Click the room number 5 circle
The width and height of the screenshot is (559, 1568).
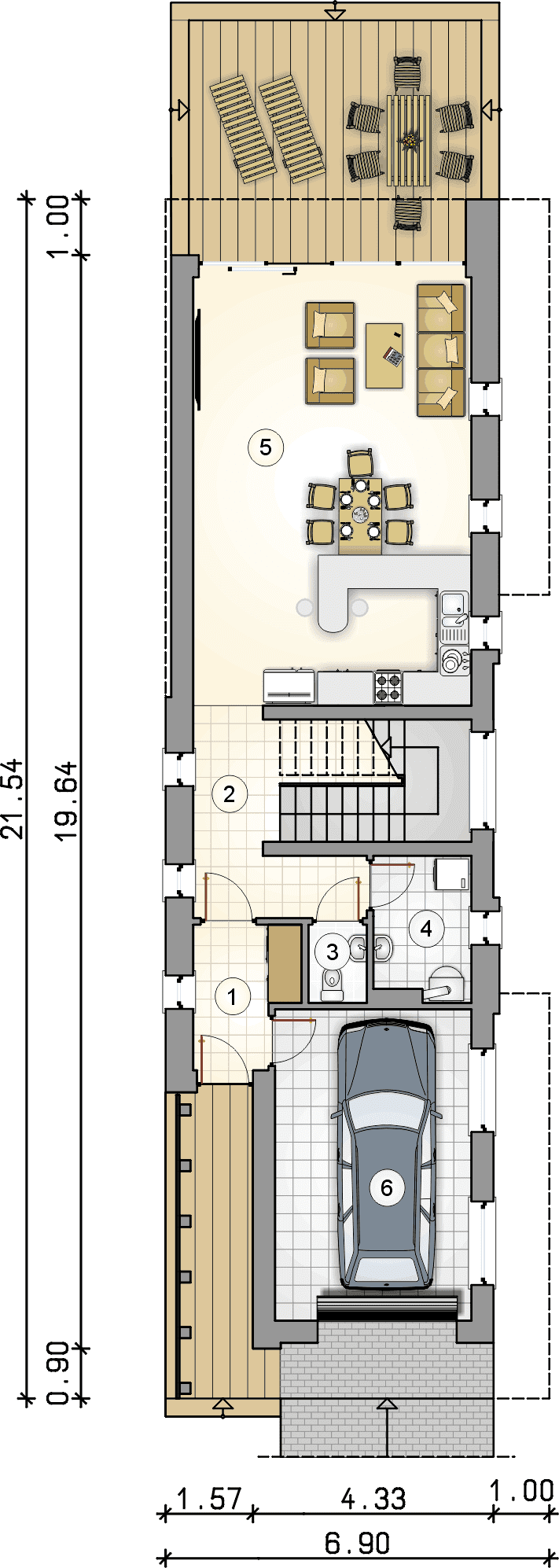click(x=265, y=447)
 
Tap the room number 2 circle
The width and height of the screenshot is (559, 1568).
click(x=229, y=793)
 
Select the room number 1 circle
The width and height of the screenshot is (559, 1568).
click(x=232, y=997)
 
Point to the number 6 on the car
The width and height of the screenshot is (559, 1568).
click(x=386, y=1187)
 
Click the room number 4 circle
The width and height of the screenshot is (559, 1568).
click(x=426, y=929)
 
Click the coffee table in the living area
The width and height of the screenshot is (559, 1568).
click(x=385, y=355)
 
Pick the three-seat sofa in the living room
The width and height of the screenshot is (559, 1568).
click(x=441, y=350)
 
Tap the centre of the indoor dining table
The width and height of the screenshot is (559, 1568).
click(x=360, y=515)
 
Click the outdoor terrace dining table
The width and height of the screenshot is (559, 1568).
click(x=409, y=140)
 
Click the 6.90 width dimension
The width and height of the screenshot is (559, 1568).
click(x=358, y=1543)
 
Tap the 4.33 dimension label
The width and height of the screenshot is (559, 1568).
click(x=373, y=1498)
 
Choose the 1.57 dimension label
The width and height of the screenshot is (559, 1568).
click(x=209, y=1498)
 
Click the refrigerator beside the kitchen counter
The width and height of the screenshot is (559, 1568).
click(x=289, y=685)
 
